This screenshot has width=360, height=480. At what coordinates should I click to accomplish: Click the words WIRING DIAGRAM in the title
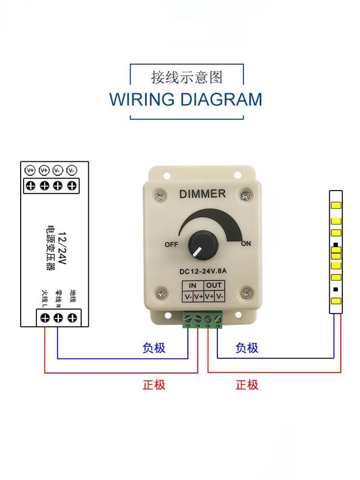pyautogui.click(x=186, y=99)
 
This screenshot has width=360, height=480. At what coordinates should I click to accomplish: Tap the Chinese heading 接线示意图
pyautogui.click(x=187, y=77)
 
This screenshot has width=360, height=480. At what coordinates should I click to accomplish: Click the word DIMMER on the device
pyautogui.click(x=202, y=194)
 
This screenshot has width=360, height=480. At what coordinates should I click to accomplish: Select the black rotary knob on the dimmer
pyautogui.click(x=197, y=244)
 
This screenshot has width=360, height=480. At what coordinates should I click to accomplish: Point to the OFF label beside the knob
pyautogui.click(x=171, y=244)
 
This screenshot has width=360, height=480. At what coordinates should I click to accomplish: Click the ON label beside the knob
pyautogui.click(x=246, y=244)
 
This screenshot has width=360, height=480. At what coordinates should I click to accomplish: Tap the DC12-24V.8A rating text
pyautogui.click(x=203, y=271)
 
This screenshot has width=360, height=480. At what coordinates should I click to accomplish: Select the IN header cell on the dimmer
pyautogui.click(x=192, y=286)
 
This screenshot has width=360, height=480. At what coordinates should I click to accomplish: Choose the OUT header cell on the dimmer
pyautogui.click(x=214, y=286)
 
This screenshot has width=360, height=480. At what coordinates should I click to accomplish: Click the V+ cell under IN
pyautogui.click(x=198, y=296)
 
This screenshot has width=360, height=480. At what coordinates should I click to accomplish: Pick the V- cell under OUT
pyautogui.click(x=220, y=296)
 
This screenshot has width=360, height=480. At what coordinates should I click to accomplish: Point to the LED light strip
pyautogui.click(x=336, y=252)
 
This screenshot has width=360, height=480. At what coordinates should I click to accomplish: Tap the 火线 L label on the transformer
pyautogui.click(x=45, y=298)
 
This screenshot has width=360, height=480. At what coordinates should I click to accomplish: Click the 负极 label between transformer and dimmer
pyautogui.click(x=154, y=348)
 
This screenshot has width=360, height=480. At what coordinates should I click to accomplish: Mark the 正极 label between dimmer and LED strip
pyautogui.click(x=247, y=384)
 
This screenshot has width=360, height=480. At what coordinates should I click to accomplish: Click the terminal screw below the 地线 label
pyautogui.click(x=72, y=317)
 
